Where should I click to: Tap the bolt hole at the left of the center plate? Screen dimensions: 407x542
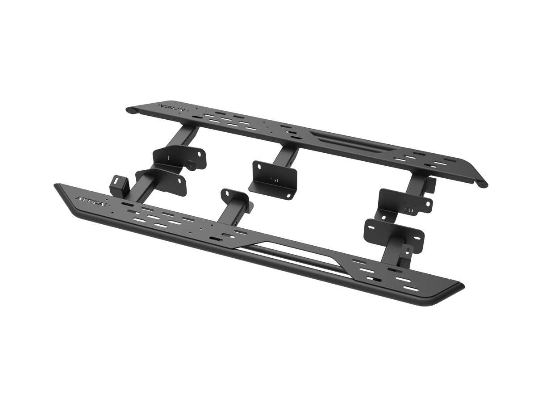(257, 166)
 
